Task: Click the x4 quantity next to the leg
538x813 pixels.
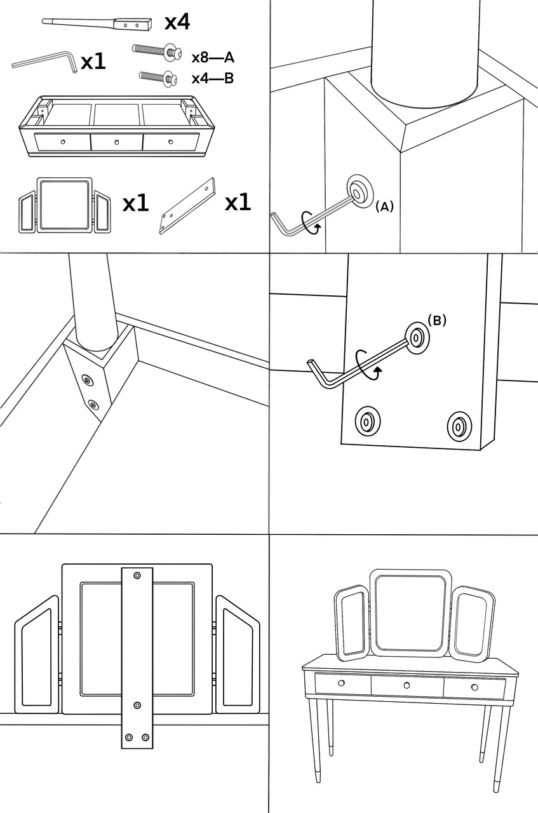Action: coord(177,23)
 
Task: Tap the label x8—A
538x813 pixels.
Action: coord(213,58)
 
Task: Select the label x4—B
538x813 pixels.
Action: coord(213,79)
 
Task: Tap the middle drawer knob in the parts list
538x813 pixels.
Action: coord(117,142)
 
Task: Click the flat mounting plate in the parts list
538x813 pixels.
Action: coord(187,207)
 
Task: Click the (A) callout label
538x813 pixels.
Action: coord(385,206)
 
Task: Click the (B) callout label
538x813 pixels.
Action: coord(436,320)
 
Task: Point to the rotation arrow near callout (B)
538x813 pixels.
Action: coord(368,363)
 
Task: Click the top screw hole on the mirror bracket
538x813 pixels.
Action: coord(137,575)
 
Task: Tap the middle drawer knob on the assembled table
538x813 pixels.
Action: coord(407,685)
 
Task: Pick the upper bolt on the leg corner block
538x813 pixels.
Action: coord(86,380)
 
